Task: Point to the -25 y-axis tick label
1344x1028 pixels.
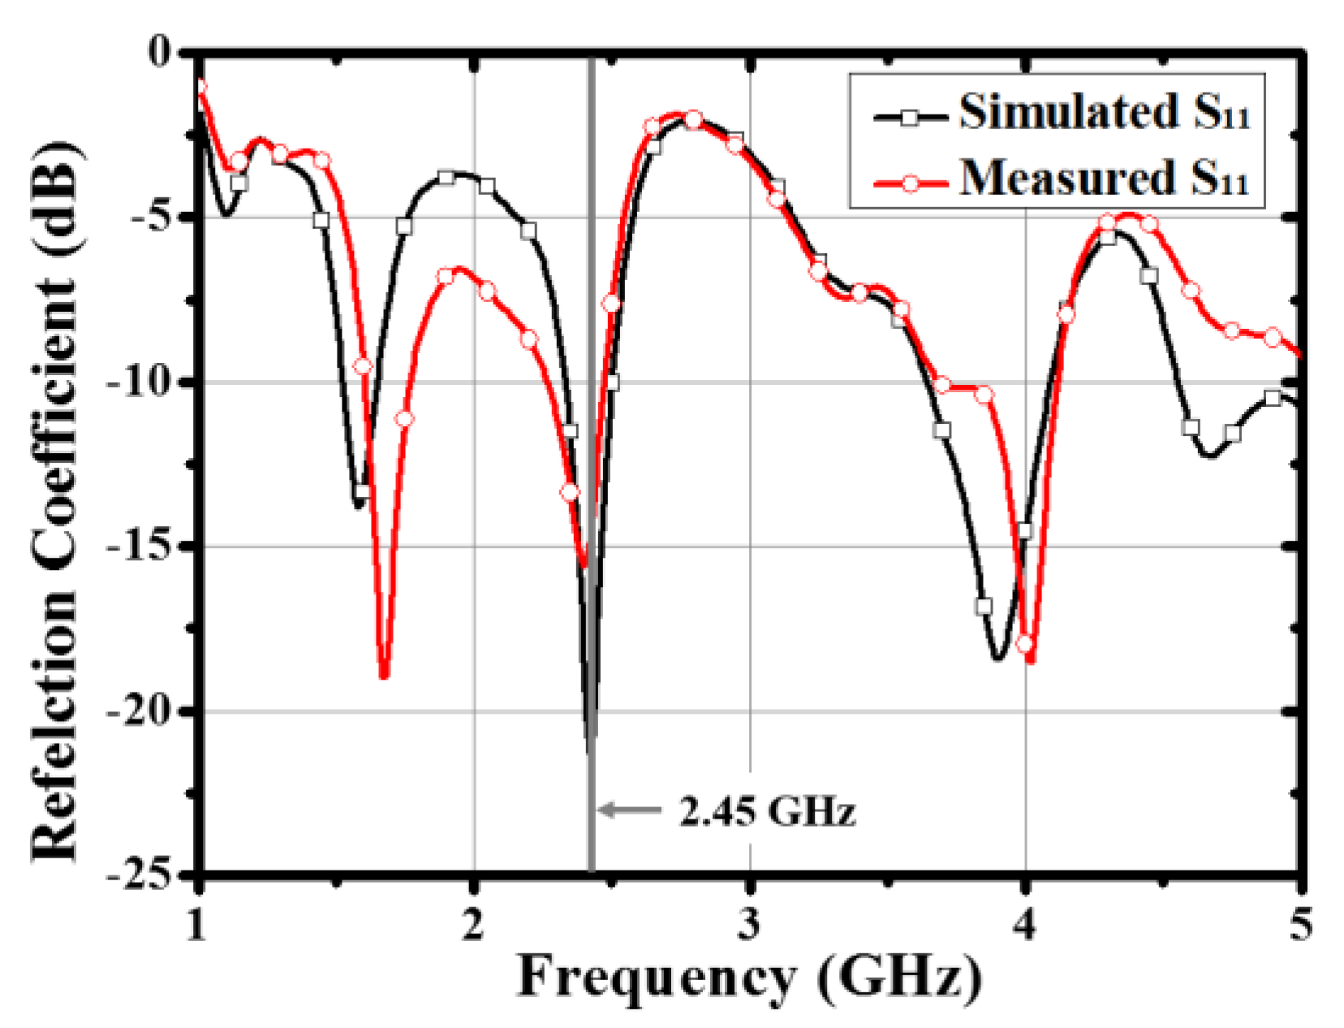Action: [x=140, y=875]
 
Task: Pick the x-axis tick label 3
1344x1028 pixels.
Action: [x=749, y=925]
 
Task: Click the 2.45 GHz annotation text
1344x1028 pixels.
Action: [x=766, y=811]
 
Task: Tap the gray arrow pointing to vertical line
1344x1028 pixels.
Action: [x=628, y=810]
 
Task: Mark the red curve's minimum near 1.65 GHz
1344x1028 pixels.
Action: [x=384, y=676]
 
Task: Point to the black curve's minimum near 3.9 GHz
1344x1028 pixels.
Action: [x=997, y=659]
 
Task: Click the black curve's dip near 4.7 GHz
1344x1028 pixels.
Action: [x=1209, y=456]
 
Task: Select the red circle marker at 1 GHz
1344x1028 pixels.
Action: [x=200, y=87]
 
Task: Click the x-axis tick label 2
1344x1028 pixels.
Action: [x=473, y=925]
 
